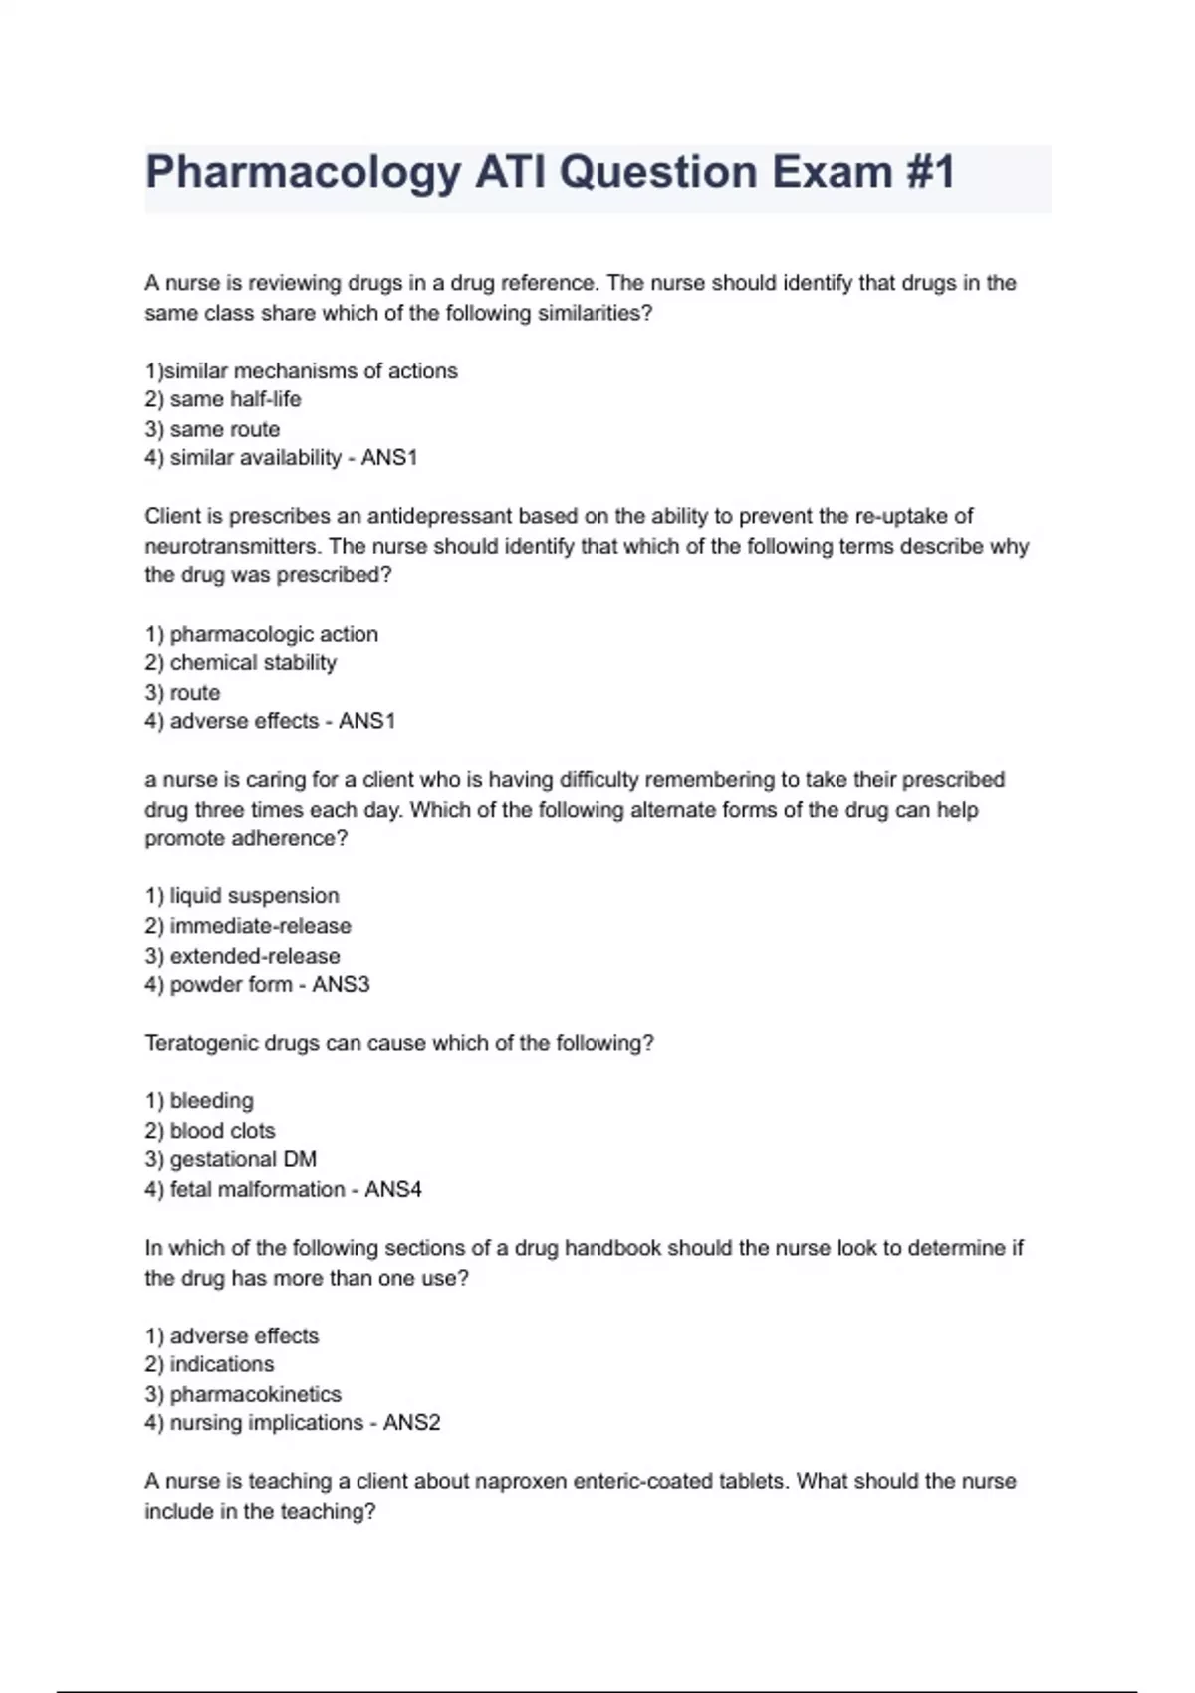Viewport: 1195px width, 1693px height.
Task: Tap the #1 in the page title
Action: coord(930,171)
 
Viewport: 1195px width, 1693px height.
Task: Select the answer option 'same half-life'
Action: coord(235,399)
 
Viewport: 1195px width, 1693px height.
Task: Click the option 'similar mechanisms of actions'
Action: coord(310,370)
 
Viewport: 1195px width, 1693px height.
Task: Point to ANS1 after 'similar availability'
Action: coord(389,458)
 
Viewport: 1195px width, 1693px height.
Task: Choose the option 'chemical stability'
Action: coord(253,663)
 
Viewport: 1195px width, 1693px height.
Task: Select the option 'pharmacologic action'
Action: coord(274,634)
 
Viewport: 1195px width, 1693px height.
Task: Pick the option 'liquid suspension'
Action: coord(254,896)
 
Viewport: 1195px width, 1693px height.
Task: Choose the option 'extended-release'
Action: coord(255,956)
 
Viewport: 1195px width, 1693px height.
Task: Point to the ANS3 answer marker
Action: coord(341,985)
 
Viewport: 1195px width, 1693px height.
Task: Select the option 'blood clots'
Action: coord(222,1131)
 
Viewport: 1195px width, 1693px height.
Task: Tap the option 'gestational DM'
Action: coord(243,1160)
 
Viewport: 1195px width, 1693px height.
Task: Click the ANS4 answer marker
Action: coord(393,1189)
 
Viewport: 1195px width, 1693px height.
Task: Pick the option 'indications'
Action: coord(221,1364)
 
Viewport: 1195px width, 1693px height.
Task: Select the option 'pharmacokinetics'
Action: coord(255,1394)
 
